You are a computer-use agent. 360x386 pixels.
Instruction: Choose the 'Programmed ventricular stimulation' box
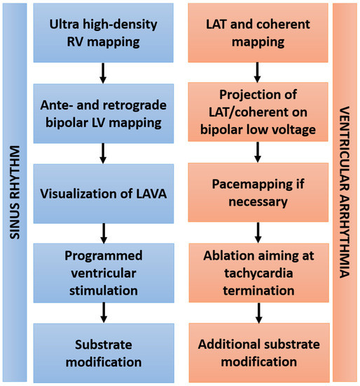103,272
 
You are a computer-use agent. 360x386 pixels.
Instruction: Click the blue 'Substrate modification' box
103,353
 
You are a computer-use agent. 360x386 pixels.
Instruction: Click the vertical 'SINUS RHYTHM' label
13,192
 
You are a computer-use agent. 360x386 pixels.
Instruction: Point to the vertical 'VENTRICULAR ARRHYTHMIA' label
345,192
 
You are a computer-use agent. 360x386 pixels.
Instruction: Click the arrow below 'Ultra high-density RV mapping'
103,72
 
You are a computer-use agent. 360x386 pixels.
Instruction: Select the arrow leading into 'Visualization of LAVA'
103,152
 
